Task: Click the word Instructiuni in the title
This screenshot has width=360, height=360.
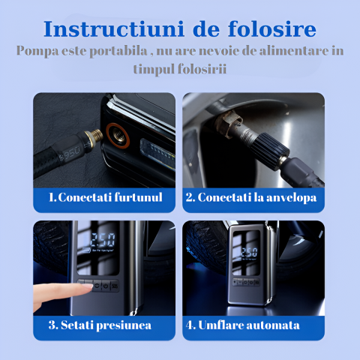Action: coord(114,29)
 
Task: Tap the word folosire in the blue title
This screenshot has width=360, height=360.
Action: coord(272,28)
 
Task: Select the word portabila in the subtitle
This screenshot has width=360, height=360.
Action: coord(118,52)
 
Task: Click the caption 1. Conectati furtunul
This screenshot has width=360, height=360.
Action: coord(106,197)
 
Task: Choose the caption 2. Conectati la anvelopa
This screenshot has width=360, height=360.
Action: coord(251,197)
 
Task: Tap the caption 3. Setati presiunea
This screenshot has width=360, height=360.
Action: coord(100,325)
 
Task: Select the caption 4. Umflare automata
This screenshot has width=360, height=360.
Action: coord(242,325)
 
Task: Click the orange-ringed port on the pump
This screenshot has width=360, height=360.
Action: coord(118,136)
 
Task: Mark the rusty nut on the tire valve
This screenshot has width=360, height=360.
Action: coord(229,124)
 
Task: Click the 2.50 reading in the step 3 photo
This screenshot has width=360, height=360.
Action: coord(103,240)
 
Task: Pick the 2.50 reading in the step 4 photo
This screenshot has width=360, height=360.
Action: coord(249,253)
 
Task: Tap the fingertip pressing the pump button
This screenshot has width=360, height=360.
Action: coord(87,286)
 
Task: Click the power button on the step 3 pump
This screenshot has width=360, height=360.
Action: coord(106,286)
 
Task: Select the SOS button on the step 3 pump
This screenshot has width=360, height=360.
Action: coord(115,286)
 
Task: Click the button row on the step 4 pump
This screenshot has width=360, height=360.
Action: coord(246,283)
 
